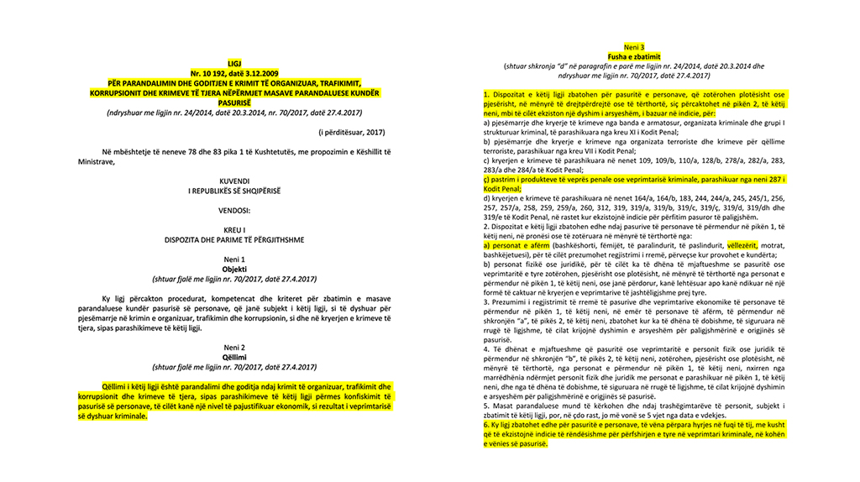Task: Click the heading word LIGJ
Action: (x=234, y=63)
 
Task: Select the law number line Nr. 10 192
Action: (x=234, y=74)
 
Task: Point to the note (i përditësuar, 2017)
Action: (x=351, y=133)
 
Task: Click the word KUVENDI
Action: (x=234, y=181)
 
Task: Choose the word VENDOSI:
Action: (x=234, y=210)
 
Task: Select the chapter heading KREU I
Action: (x=234, y=228)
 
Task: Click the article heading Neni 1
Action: (x=234, y=259)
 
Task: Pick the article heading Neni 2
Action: (x=234, y=348)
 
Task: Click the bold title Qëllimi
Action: (x=234, y=357)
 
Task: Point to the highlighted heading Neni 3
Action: (x=635, y=46)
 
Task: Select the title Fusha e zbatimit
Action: (x=635, y=55)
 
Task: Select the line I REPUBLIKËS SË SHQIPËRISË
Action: (x=234, y=191)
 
